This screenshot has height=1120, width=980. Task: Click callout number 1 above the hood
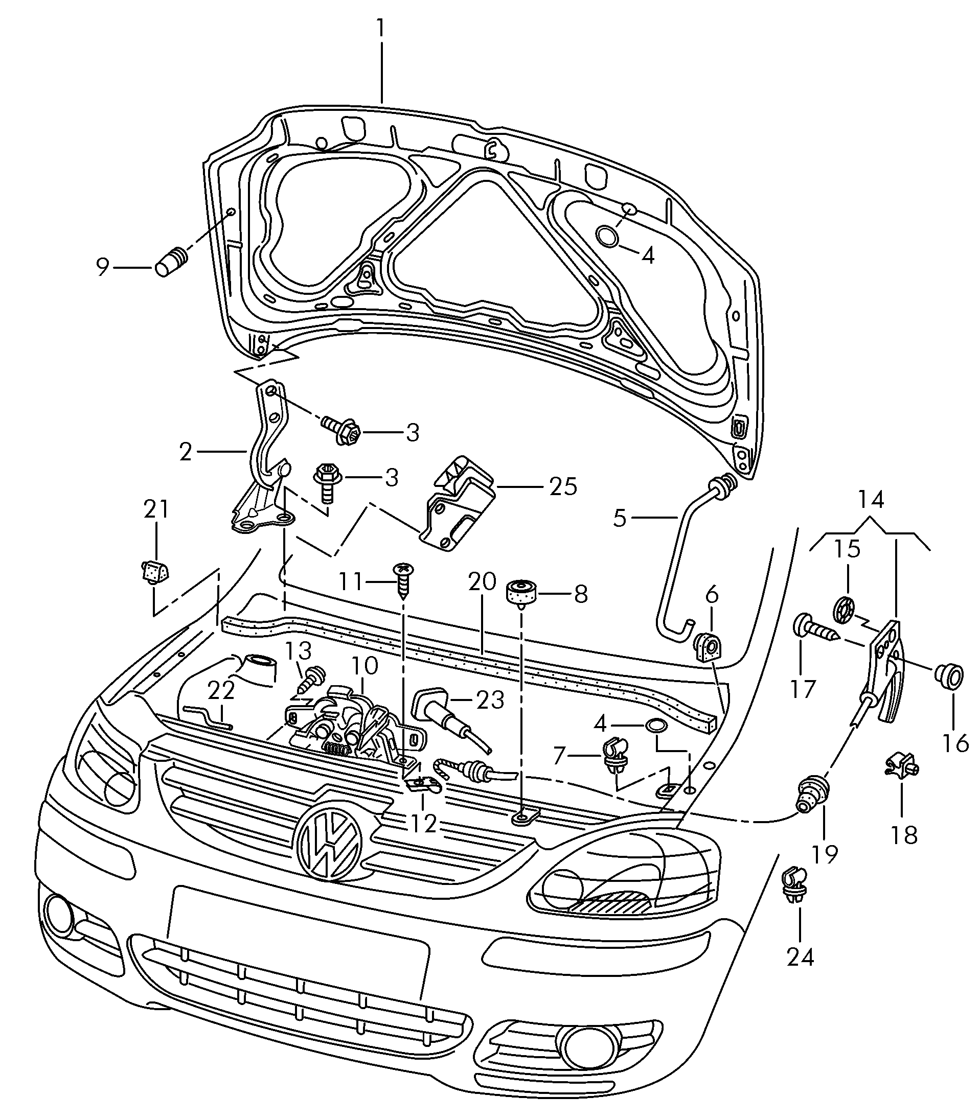pos(381,29)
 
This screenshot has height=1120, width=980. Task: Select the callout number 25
pos(563,486)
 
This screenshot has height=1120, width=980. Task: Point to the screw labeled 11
pos(403,581)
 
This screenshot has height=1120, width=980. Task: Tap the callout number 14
pos(871,500)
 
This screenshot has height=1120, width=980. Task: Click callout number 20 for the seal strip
pos(482,581)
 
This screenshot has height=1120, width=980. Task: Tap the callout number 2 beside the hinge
pos(186,452)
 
